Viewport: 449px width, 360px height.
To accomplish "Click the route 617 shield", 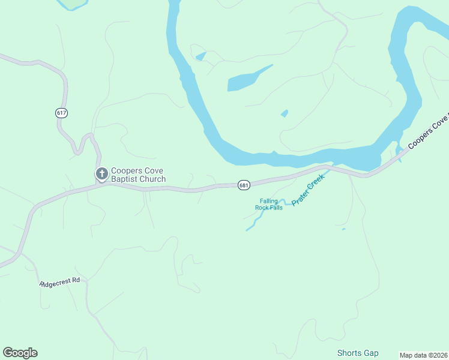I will [x=61, y=113].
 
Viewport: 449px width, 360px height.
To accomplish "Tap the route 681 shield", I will [x=243, y=185].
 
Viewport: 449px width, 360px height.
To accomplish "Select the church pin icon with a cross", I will [x=102, y=174].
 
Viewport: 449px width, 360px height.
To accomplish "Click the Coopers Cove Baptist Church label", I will [x=138, y=175].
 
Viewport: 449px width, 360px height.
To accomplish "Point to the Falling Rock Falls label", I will [x=268, y=205].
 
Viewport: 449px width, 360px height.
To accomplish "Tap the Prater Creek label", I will [x=308, y=189].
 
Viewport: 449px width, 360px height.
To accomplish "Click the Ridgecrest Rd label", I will [x=60, y=281].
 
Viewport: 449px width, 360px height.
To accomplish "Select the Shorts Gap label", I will [x=358, y=353].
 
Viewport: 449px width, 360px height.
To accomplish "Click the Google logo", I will [x=20, y=353].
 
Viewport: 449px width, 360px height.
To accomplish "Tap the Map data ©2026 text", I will [x=423, y=355].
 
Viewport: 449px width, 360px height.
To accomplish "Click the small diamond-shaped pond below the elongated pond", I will [x=285, y=113].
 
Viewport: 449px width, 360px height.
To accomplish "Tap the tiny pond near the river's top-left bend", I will [x=201, y=57].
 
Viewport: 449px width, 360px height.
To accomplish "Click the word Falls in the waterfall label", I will [x=276, y=208].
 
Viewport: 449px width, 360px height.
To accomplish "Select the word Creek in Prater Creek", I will [x=316, y=182].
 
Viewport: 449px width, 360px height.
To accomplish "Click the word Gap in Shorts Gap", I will [x=372, y=353].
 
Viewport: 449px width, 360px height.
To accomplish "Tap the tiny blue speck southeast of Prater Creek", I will [x=343, y=229].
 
